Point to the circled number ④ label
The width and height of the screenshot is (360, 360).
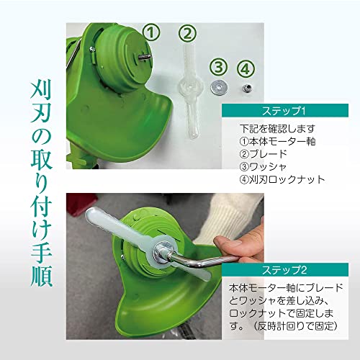point(246,68)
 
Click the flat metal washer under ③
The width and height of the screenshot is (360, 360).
point(217,87)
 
